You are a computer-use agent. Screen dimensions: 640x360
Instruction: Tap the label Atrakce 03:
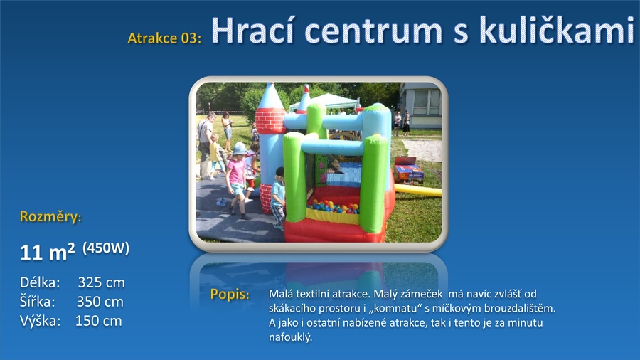click(164, 38)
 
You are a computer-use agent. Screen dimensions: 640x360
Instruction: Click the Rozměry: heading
click(50, 216)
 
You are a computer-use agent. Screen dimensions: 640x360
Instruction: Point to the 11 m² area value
click(48, 252)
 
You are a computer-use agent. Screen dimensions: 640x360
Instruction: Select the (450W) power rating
click(106, 248)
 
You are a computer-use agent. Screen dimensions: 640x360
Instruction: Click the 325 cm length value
click(101, 282)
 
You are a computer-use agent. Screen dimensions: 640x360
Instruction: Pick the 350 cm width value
click(100, 302)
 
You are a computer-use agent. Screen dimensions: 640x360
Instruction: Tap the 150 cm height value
click(98, 321)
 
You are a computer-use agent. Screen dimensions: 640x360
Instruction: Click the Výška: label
click(40, 321)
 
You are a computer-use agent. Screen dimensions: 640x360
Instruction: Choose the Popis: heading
click(230, 295)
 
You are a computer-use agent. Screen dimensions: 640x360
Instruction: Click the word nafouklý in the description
click(290, 337)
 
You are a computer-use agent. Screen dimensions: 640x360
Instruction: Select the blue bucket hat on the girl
click(239, 148)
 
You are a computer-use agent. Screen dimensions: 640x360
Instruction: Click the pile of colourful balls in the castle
click(333, 206)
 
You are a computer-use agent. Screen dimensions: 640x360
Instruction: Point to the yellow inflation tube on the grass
click(417, 190)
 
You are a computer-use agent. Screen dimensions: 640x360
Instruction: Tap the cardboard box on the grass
click(408, 169)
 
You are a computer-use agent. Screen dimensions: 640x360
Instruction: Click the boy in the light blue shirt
click(279, 198)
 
